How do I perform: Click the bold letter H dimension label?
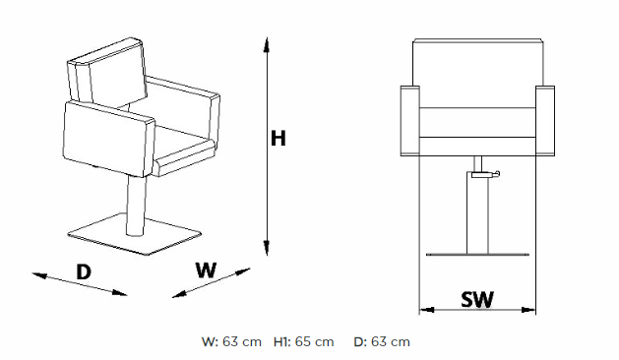[279, 138]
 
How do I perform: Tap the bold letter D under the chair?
[84, 271]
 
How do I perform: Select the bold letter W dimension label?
[206, 270]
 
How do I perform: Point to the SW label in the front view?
[477, 299]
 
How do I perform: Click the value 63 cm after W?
[242, 342]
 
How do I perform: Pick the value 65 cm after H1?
[315, 342]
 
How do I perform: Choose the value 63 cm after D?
[391, 342]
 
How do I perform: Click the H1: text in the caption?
[282, 342]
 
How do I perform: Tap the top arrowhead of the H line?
[267, 44]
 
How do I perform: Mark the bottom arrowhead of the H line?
[267, 248]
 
